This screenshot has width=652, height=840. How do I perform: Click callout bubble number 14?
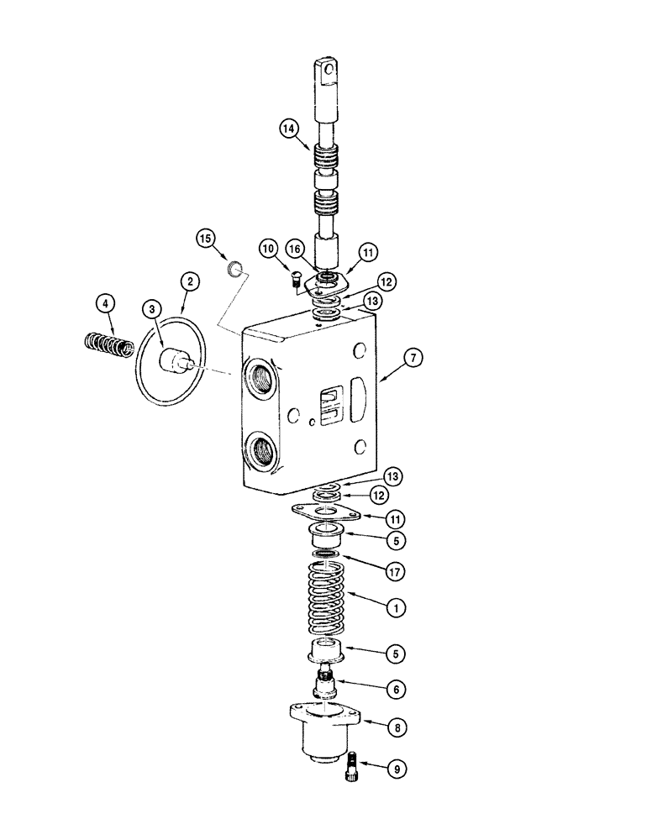click(290, 129)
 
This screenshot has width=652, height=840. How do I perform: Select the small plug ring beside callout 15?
click(237, 269)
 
